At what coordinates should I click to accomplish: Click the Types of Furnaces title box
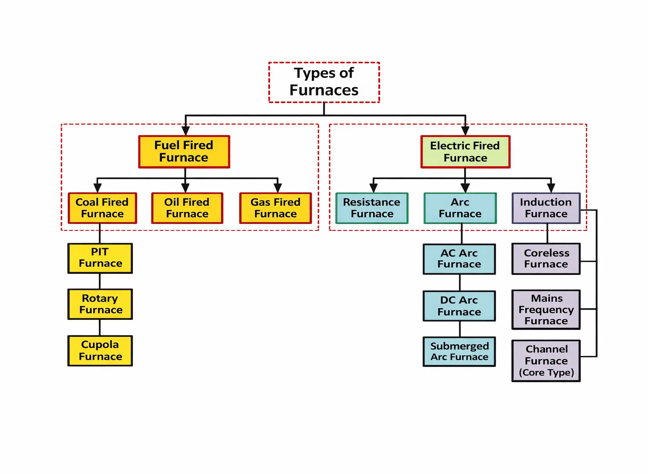324,82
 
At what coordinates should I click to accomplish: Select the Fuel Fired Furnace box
184,152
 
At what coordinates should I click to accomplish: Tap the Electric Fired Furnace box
465,152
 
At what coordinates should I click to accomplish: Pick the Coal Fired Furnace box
102,208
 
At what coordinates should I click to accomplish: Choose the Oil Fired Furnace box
187,208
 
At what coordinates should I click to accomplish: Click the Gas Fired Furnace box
275,208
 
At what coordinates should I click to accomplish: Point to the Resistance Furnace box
372,208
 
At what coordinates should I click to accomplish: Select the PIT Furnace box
100,258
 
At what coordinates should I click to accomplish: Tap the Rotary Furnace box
100,304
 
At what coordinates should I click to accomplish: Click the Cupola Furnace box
100,351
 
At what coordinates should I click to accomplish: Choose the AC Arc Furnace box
459,259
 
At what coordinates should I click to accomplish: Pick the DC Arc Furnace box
459,306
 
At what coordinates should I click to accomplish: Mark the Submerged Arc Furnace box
459,352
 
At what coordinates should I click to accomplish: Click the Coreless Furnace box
546,259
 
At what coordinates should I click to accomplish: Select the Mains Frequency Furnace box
546,310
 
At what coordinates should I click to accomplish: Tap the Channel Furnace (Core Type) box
546,361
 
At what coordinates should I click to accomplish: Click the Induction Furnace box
546,208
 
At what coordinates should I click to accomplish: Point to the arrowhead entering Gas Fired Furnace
278,188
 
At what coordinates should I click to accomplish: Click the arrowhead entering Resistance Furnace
373,188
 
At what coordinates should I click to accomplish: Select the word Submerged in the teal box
460,346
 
